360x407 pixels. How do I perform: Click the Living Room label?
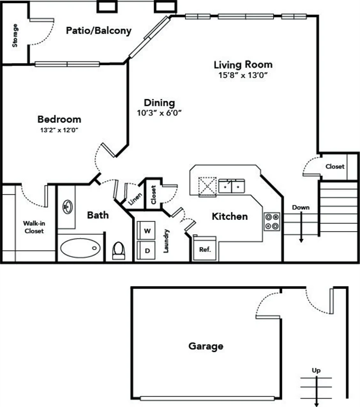click(x=243, y=65)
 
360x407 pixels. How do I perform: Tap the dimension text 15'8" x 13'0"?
click(x=243, y=75)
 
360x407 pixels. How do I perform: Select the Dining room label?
click(x=160, y=103)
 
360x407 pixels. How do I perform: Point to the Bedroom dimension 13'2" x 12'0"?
click(x=59, y=129)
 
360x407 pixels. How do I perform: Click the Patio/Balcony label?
click(x=99, y=31)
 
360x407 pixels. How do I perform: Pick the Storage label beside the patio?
click(x=15, y=36)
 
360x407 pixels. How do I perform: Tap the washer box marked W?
click(x=147, y=231)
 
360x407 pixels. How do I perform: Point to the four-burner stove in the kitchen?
click(x=272, y=221)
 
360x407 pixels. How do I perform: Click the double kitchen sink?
click(x=232, y=186)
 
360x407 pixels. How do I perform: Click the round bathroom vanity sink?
click(x=68, y=206)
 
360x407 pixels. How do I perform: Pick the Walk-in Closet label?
click(x=33, y=227)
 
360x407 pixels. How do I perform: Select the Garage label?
click(x=206, y=347)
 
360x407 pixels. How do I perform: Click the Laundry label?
click(x=166, y=241)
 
